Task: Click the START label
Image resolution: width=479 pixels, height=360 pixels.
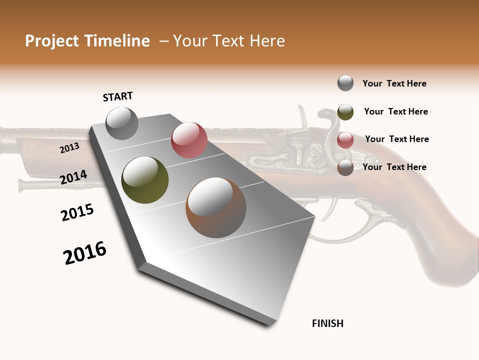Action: (x=118, y=96)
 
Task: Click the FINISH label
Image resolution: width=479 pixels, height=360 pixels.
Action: (x=328, y=323)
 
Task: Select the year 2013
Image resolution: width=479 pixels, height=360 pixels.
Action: (x=69, y=148)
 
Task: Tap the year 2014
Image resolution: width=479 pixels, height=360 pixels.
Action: (x=74, y=177)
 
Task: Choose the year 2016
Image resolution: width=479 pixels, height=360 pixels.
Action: (x=85, y=253)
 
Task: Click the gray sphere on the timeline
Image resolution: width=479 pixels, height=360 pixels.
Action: (x=122, y=123)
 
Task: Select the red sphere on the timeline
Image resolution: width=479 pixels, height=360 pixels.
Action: (x=189, y=140)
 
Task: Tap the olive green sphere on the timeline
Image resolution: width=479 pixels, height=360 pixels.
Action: (x=145, y=180)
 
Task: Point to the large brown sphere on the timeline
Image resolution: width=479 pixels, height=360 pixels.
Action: (x=216, y=207)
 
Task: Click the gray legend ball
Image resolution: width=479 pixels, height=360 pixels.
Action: (x=345, y=83)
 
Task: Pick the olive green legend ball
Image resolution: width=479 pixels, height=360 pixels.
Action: (x=345, y=112)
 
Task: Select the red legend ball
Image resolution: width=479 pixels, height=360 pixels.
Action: (x=345, y=140)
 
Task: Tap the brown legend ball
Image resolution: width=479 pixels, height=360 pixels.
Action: (x=345, y=167)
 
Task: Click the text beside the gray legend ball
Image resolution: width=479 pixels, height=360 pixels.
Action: (x=395, y=83)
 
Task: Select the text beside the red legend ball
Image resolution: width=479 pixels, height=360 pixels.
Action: (x=397, y=139)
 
